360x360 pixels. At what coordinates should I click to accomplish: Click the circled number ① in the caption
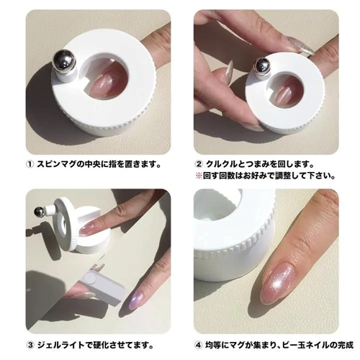[x=29, y=164]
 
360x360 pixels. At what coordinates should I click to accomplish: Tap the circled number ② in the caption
[x=199, y=164]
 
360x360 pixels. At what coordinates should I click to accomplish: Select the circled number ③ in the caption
[x=30, y=345]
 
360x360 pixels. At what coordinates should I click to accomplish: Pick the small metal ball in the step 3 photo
[x=38, y=211]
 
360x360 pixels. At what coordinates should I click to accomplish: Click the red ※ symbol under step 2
[x=199, y=176]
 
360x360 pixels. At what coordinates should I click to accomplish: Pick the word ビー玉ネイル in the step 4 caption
[x=307, y=345]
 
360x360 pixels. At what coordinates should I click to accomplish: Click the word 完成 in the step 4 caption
[x=346, y=345]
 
